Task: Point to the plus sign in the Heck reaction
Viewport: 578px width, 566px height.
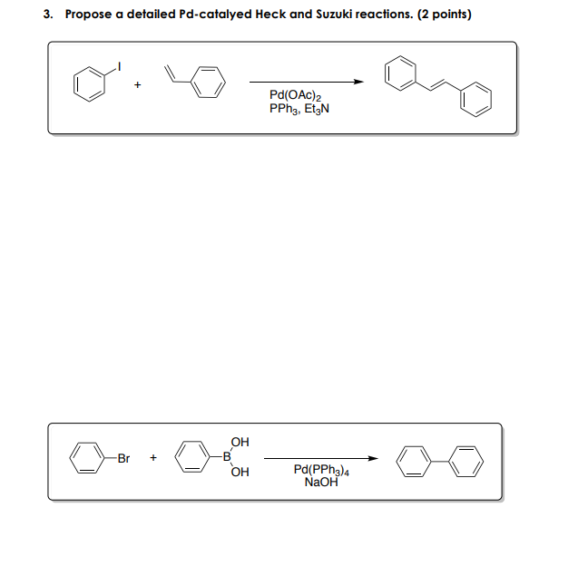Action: pos(138,86)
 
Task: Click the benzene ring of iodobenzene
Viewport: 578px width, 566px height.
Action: pos(90,86)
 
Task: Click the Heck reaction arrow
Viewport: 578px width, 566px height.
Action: pos(308,82)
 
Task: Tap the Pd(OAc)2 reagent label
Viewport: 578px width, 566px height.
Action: pos(291,95)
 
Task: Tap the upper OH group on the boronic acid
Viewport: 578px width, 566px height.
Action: pos(239,444)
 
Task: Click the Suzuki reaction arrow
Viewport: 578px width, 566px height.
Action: pos(321,458)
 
